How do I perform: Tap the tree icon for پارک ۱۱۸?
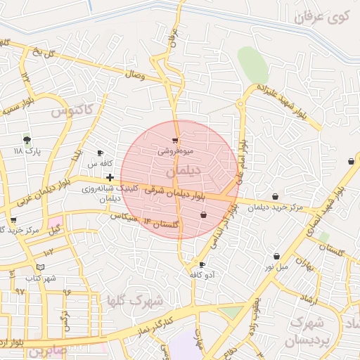click(x=27, y=139)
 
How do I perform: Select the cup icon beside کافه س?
click(x=100, y=153)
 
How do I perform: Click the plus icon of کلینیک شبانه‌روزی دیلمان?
click(x=110, y=177)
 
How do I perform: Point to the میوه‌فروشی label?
click(x=174, y=150)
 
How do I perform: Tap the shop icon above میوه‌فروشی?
click(x=175, y=141)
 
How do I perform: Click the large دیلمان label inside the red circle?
click(x=184, y=171)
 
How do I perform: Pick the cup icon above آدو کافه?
click(x=203, y=264)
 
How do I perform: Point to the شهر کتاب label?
click(x=40, y=278)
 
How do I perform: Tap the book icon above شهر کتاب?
click(x=40, y=267)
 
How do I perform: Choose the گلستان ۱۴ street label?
click(x=160, y=224)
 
